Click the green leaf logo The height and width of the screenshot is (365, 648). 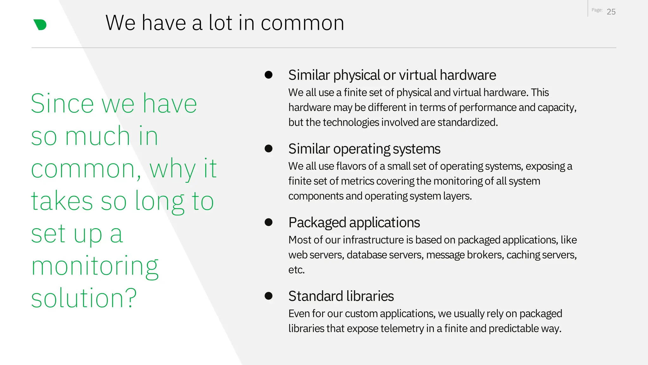click(40, 25)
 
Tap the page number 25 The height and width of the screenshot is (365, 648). click(611, 12)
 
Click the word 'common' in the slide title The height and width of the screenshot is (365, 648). click(302, 23)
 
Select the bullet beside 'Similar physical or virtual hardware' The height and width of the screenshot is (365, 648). click(269, 75)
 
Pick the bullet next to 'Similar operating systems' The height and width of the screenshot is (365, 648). click(269, 149)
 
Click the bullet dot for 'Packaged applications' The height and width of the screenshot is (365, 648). click(269, 222)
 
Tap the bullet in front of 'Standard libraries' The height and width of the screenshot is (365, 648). click(269, 296)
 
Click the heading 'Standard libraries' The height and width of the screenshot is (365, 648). click(341, 296)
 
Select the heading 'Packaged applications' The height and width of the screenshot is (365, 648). click(354, 222)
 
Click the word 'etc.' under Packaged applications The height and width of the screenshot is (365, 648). click(296, 270)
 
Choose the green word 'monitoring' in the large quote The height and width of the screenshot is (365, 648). click(95, 266)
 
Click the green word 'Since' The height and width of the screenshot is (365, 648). click(62, 104)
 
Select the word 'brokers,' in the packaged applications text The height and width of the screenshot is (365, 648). click(485, 255)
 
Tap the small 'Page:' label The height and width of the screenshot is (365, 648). click(597, 10)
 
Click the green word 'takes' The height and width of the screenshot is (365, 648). click(62, 201)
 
